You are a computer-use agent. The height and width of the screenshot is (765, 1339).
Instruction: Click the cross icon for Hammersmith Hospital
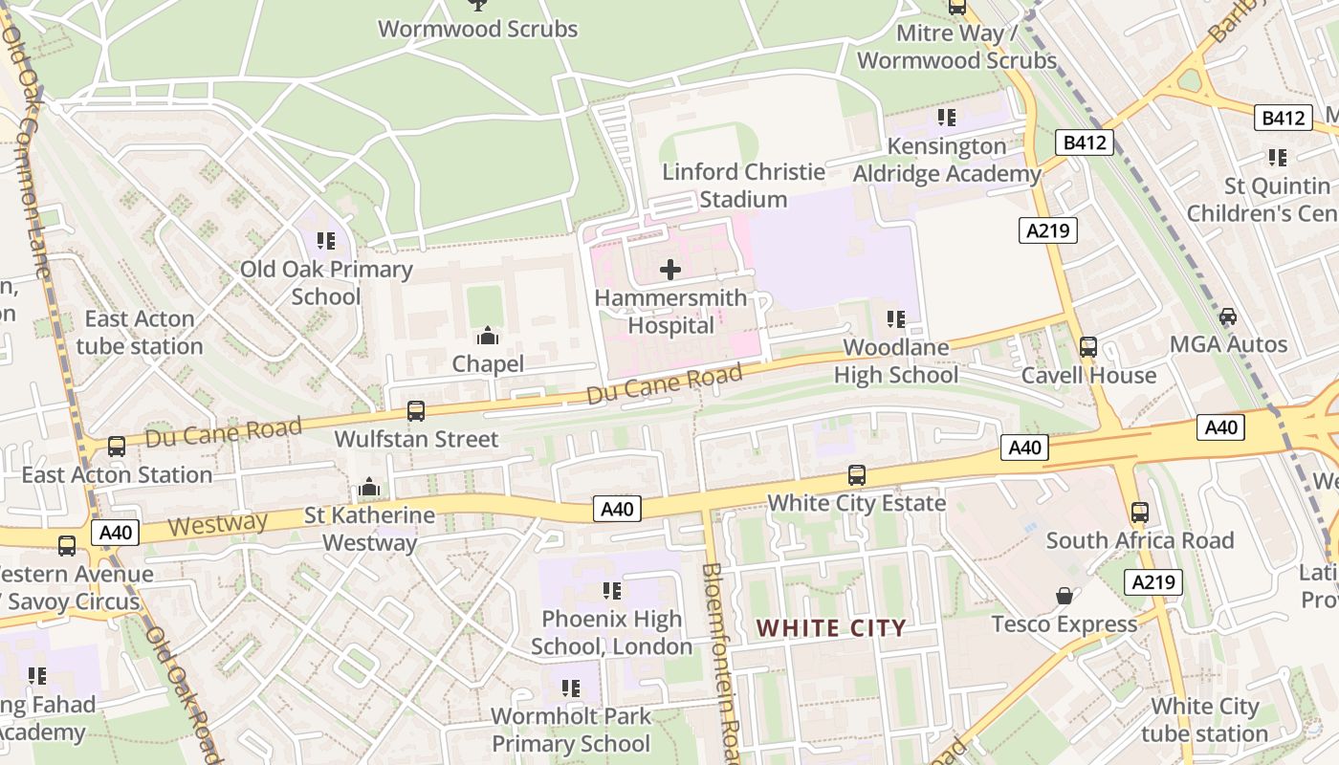(670, 270)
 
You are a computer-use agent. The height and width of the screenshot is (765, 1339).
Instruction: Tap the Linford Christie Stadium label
(743, 186)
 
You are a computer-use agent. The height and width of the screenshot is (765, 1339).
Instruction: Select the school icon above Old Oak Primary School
(326, 241)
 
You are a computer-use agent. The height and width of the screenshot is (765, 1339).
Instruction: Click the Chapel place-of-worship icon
(488, 336)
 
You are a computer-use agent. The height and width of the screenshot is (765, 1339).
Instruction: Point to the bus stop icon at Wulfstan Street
(416, 411)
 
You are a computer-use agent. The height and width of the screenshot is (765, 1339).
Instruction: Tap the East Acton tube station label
(140, 332)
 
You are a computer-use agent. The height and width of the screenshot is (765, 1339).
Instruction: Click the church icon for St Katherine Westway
(369, 488)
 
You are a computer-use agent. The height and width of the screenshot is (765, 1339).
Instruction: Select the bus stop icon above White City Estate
(857, 475)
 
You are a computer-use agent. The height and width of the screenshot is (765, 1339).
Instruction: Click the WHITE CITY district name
(831, 628)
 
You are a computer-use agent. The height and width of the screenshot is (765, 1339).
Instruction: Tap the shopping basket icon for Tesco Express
(1064, 596)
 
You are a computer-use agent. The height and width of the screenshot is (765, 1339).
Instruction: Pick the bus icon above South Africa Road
(1139, 512)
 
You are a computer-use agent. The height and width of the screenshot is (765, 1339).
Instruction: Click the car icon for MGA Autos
(1228, 317)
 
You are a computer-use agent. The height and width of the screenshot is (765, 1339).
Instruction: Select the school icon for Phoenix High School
(612, 591)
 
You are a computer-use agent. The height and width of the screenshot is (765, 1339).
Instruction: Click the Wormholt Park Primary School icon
(571, 688)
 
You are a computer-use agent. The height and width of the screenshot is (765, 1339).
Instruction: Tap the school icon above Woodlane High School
(896, 318)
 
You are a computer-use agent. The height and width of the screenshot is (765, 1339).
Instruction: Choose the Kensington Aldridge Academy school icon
(947, 118)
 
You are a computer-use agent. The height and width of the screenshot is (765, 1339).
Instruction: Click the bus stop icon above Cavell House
(1087, 347)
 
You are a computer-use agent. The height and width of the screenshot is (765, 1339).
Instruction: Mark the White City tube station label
(1204, 720)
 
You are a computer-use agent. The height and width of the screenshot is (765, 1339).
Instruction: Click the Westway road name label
(218, 523)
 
